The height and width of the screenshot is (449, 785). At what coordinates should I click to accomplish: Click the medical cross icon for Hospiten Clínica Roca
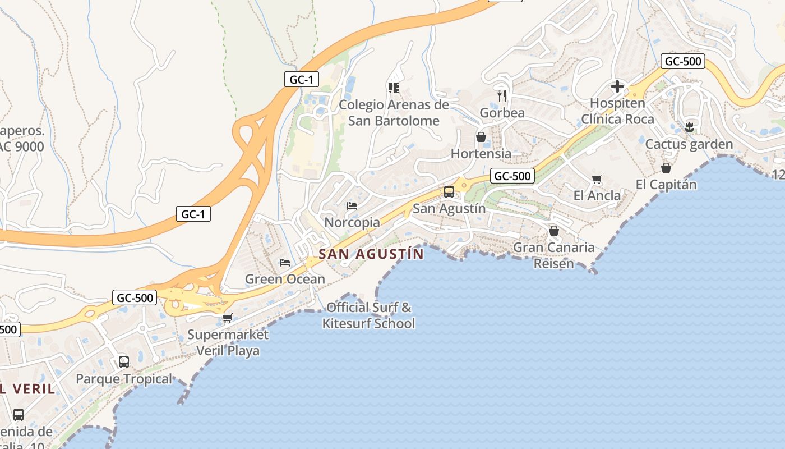pyautogui.click(x=617, y=86)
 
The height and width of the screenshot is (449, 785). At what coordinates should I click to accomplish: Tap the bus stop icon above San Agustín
pyautogui.click(x=449, y=192)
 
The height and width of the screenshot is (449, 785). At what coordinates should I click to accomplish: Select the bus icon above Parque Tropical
pyautogui.click(x=124, y=362)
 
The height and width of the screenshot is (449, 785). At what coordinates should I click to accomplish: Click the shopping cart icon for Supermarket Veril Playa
pyautogui.click(x=227, y=318)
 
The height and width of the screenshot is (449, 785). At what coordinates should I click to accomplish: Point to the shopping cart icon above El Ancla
pyautogui.click(x=597, y=180)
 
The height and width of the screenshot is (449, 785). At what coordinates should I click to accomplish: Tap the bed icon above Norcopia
pyautogui.click(x=352, y=206)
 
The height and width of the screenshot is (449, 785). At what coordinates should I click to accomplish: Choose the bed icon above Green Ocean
pyautogui.click(x=285, y=263)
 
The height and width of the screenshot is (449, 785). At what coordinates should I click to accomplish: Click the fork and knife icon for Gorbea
pyautogui.click(x=502, y=96)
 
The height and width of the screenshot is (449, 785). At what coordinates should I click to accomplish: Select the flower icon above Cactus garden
pyautogui.click(x=689, y=127)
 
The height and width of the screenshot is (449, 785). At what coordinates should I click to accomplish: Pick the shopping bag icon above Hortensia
pyautogui.click(x=481, y=137)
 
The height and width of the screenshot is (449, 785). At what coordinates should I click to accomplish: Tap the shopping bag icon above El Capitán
pyautogui.click(x=666, y=168)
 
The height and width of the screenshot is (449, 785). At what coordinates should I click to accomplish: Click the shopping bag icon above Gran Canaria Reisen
pyautogui.click(x=554, y=231)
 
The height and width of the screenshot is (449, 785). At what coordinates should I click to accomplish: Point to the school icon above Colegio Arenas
pyautogui.click(x=393, y=88)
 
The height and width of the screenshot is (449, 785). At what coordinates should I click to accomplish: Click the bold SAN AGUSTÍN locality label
pyautogui.click(x=371, y=254)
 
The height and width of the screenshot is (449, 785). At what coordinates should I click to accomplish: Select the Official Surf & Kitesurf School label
pyautogui.click(x=369, y=315)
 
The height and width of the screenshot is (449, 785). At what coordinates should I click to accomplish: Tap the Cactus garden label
pyautogui.click(x=689, y=144)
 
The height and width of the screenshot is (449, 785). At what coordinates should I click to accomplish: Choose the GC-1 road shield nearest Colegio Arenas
pyautogui.click(x=301, y=80)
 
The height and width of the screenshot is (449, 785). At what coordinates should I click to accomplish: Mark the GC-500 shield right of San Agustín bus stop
pyautogui.click(x=512, y=176)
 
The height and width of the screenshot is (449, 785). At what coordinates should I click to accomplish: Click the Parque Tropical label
pyautogui.click(x=124, y=379)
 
